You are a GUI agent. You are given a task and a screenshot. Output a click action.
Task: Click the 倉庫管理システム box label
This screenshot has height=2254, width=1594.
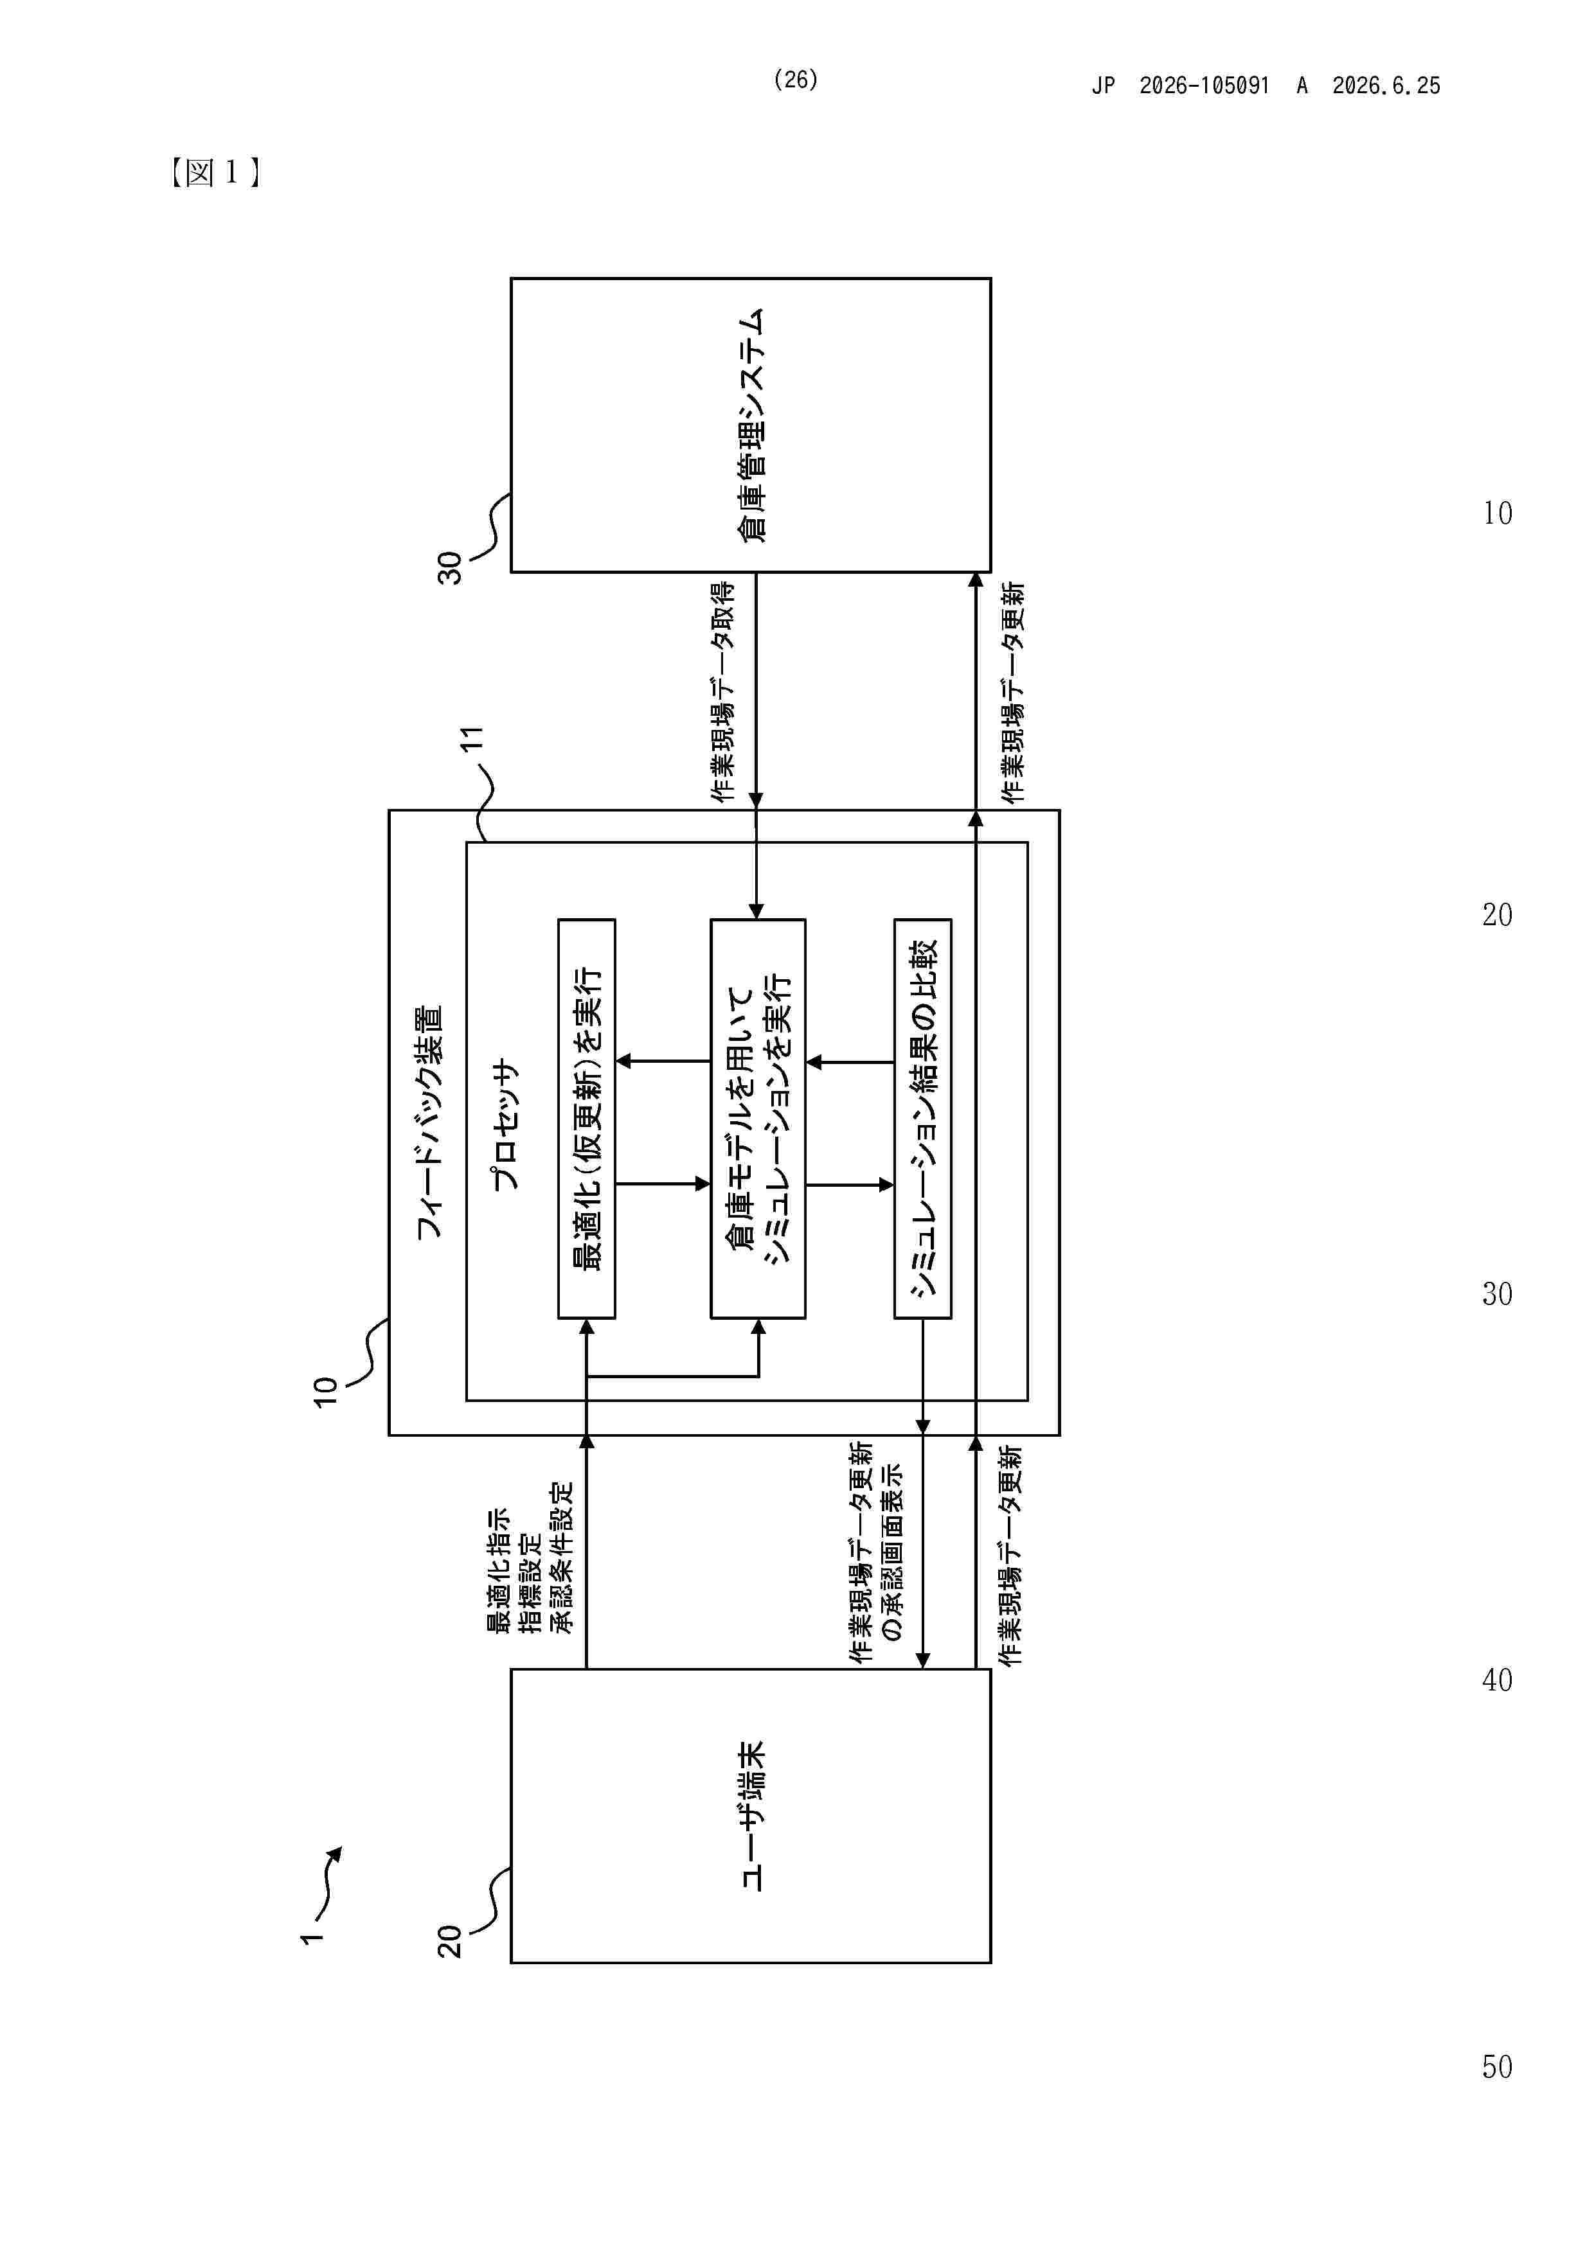click(x=751, y=425)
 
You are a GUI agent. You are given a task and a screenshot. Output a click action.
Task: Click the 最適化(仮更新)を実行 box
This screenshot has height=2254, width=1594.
click(x=586, y=1118)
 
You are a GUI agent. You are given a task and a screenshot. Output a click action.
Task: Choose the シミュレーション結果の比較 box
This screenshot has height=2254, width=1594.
click(x=922, y=1118)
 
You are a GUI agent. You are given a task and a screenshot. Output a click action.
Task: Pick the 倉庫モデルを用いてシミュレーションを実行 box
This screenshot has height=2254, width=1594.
click(x=757, y=1118)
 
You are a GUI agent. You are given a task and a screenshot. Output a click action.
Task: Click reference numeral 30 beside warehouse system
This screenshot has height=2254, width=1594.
click(x=450, y=567)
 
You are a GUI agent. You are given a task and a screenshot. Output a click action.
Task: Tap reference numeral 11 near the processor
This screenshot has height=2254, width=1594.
click(x=472, y=738)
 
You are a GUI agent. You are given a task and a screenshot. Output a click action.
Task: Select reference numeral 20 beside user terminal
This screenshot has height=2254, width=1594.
click(x=450, y=1941)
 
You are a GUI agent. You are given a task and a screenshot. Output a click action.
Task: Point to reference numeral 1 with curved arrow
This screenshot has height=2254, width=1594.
click(x=311, y=1938)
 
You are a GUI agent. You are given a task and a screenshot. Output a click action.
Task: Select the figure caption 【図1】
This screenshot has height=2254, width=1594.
click(x=214, y=173)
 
